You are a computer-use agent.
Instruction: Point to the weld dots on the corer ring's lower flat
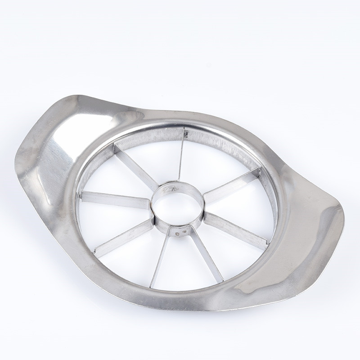tap(180, 233)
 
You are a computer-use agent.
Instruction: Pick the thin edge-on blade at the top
tap(181, 155)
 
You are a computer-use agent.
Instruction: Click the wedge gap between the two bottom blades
tap(182, 265)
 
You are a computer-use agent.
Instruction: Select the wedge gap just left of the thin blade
tap(157, 153)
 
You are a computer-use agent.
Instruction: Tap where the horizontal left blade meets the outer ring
tap(81, 195)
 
